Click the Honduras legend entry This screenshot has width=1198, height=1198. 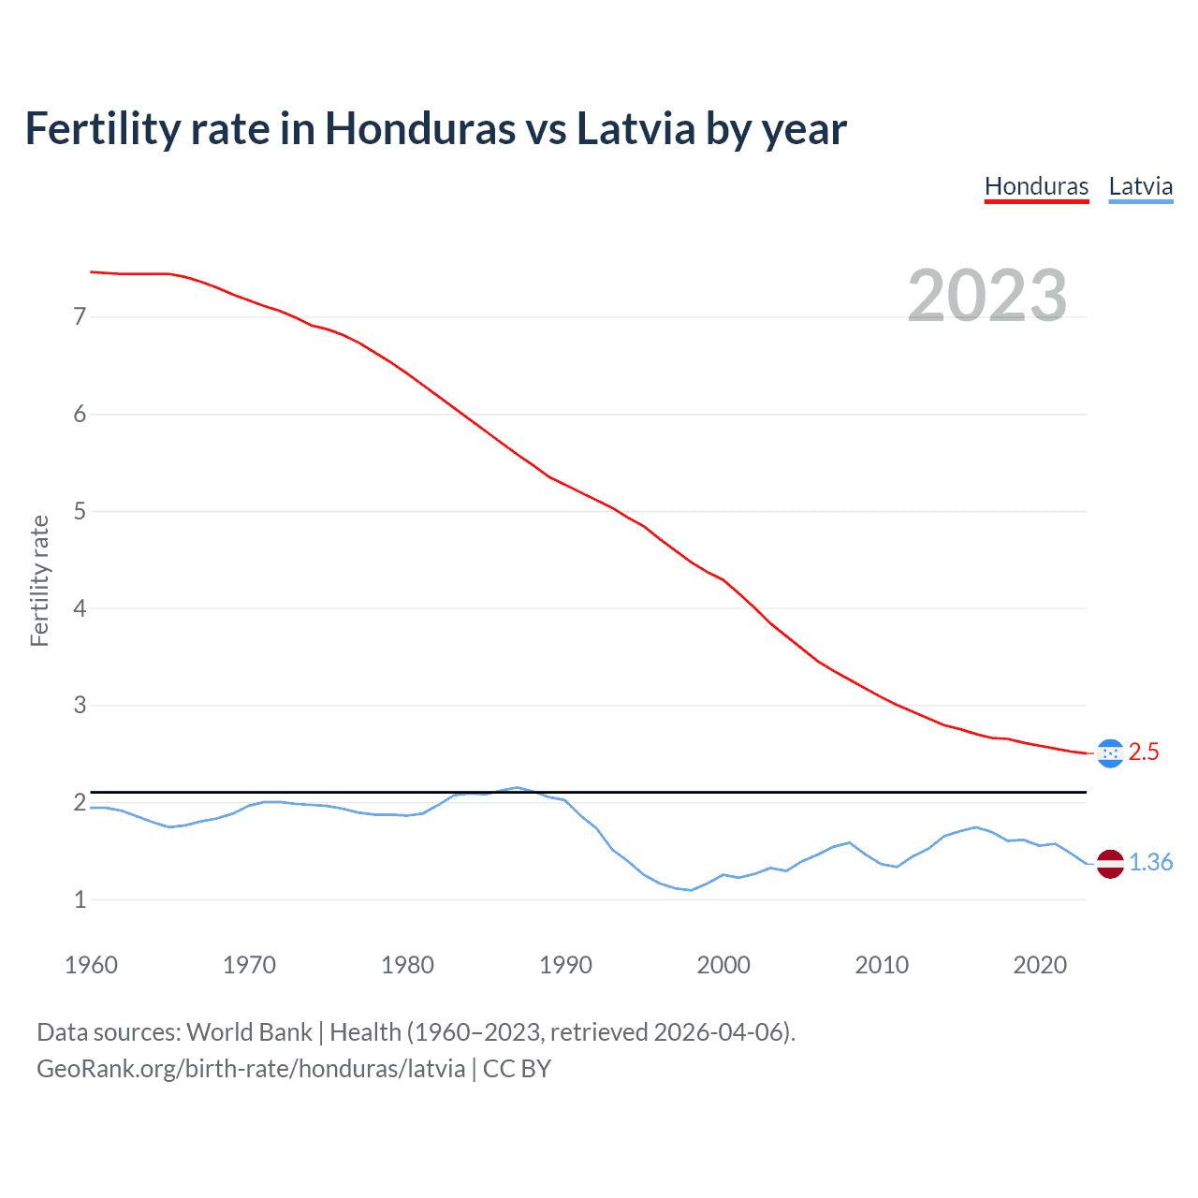(1036, 186)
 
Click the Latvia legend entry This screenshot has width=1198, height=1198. (1140, 186)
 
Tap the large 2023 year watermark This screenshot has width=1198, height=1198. (986, 296)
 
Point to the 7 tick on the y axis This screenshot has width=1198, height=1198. (80, 317)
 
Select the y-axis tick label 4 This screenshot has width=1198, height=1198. (80, 608)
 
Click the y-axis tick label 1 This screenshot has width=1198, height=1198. (80, 899)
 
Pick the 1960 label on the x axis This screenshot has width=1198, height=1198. (91, 965)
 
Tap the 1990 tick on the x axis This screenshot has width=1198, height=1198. (565, 965)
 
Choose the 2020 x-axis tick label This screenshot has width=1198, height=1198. (1040, 965)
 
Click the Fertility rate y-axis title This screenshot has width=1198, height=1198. (39, 580)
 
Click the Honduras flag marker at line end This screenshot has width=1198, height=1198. (1110, 752)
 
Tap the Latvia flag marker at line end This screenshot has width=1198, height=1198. (1110, 863)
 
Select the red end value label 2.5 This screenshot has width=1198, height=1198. (1144, 752)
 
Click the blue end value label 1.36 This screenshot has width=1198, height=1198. (1150, 863)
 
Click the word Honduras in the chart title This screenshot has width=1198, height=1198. (419, 129)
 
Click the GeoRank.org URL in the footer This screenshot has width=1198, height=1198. (250, 1069)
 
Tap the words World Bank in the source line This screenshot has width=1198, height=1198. (249, 1032)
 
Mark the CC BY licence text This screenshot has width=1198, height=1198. (517, 1069)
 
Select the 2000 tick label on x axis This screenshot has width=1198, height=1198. (723, 965)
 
